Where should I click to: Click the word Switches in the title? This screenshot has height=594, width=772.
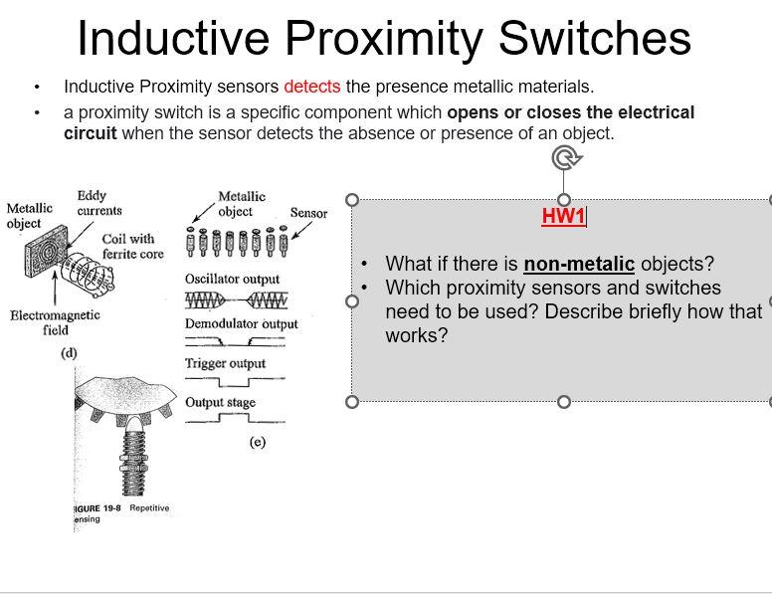[594, 38]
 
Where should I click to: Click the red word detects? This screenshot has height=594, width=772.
[311, 87]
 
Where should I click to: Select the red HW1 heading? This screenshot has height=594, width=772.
[563, 216]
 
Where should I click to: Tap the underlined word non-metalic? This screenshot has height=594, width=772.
[578, 264]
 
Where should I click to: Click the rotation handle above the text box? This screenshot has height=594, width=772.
[565, 157]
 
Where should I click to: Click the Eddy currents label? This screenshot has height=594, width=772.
[98, 203]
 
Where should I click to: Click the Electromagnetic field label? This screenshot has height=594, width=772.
[55, 322]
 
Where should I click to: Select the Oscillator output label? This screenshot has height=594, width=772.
[232, 279]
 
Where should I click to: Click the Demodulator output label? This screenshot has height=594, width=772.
[241, 323]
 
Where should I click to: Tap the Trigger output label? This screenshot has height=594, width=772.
[225, 363]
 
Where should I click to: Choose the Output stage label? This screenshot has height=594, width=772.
[220, 402]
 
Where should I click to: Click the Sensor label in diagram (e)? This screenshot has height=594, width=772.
[308, 213]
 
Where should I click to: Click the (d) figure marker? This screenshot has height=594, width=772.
[69, 352]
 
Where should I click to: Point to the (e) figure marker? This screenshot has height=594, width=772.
[257, 442]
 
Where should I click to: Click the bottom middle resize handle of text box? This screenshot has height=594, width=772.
[564, 402]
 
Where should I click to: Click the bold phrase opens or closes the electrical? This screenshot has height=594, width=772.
[570, 112]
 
